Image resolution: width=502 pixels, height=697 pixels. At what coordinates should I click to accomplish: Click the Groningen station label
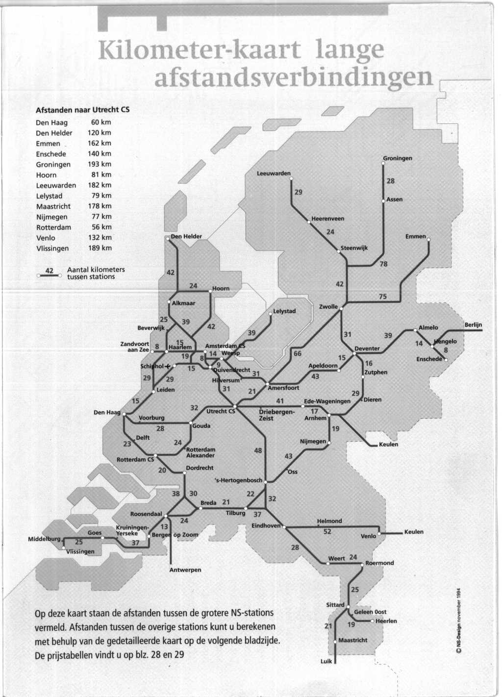(398, 158)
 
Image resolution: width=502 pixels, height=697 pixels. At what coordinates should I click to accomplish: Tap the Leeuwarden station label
(274, 174)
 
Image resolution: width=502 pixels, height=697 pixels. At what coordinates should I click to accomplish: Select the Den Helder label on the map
(186, 236)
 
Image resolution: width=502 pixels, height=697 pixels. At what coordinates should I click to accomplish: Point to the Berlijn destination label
(473, 325)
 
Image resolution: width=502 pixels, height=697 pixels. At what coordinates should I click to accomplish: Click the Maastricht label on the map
(352, 640)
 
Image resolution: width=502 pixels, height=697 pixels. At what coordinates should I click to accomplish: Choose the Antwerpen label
(185, 570)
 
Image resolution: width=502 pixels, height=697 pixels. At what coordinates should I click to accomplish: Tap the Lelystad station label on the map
(284, 311)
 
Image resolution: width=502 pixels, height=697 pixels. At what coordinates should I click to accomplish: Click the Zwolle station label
(328, 307)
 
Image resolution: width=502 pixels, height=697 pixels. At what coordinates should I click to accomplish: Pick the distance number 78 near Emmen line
(383, 264)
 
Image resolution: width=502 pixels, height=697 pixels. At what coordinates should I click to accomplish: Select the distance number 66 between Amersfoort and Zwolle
(297, 353)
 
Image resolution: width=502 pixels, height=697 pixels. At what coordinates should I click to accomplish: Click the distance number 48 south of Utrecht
(258, 450)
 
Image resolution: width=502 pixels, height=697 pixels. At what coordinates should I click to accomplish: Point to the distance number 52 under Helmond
(327, 531)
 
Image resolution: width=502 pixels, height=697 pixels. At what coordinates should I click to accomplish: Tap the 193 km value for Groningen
(100, 164)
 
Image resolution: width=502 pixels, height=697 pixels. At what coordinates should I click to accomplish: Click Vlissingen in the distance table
(52, 248)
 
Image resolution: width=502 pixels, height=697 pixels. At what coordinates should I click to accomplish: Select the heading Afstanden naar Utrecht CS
(82, 110)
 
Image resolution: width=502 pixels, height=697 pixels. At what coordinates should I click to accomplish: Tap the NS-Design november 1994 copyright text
(459, 620)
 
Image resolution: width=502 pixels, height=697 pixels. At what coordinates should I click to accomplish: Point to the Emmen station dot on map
(428, 240)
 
